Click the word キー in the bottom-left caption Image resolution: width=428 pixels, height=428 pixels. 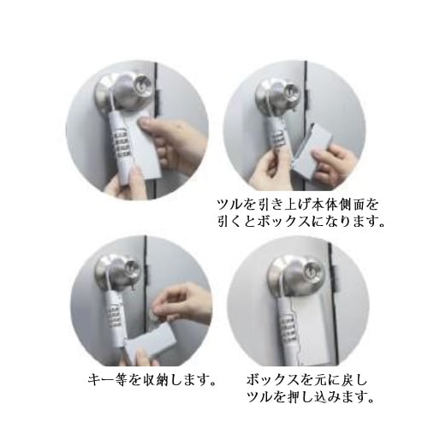coord(101,378)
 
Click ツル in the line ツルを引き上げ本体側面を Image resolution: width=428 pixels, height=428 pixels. coord(226,205)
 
